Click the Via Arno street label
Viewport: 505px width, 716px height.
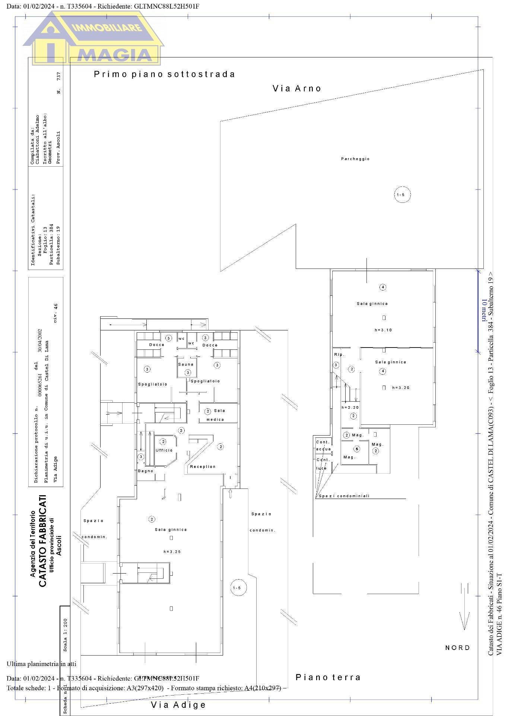(297, 88)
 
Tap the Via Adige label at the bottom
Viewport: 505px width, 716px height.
(178, 705)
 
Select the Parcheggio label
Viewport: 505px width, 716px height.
(355, 159)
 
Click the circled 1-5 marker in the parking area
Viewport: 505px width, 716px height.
(403, 195)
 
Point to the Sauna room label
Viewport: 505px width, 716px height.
(186, 364)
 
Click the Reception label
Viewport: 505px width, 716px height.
(203, 467)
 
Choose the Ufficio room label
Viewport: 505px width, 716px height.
(164, 450)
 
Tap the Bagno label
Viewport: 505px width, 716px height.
(146, 471)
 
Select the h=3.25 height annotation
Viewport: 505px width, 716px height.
(172, 552)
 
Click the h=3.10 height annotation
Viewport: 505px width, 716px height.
(383, 330)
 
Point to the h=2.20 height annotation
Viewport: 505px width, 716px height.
(350, 408)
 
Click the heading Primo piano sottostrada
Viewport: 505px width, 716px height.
(164, 74)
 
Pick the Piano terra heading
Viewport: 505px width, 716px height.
(328, 677)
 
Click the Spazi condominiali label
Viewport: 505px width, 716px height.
(344, 496)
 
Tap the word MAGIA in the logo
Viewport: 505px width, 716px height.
(116, 54)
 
